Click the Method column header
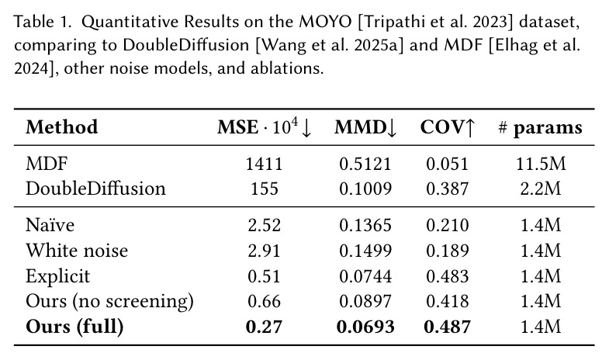pos(62,127)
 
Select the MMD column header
pos(365,127)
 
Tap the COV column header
pos(448,127)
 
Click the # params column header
pos(540,127)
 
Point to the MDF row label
pos(47,164)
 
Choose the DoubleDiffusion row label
pos(95,189)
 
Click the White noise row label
pos(77,250)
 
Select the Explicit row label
pos(58,276)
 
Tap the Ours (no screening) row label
pos(109,301)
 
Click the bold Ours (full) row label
pos(74,327)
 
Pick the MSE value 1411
pos(264,164)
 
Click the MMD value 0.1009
pos(365,189)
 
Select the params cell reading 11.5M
pos(541,164)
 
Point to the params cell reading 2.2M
pos(541,189)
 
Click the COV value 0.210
pos(448,225)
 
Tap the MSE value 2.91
pos(264,251)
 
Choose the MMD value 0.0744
pos(365,276)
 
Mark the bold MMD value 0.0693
pos(365,327)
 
